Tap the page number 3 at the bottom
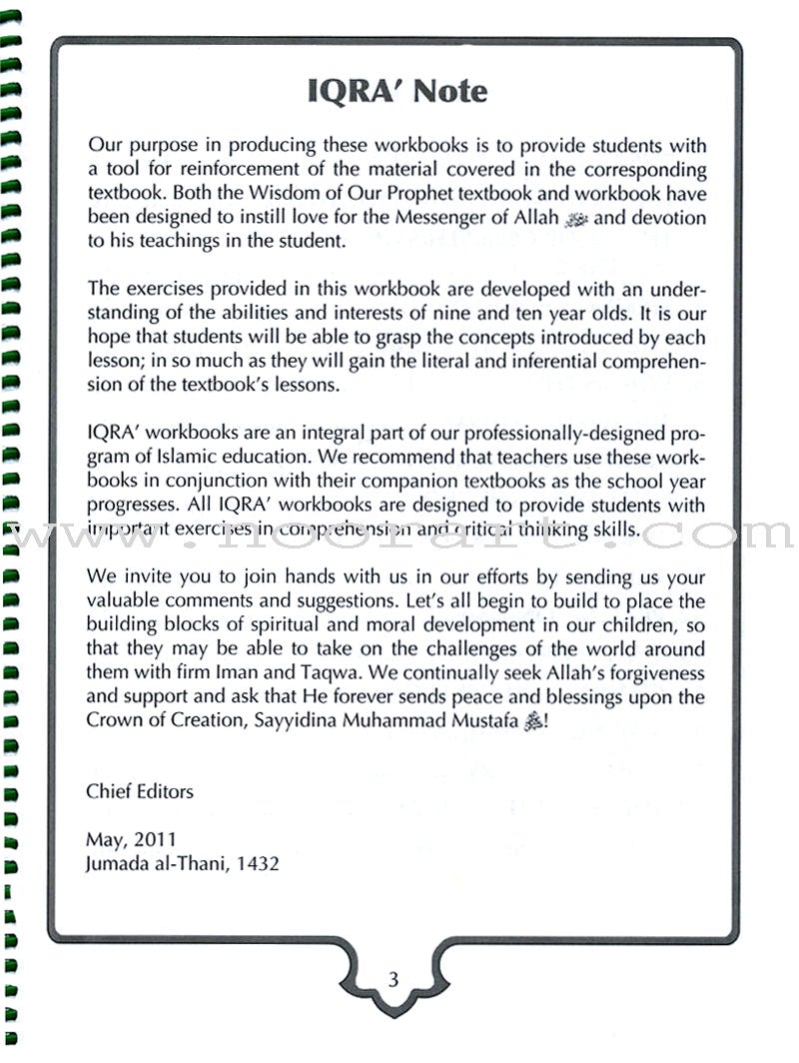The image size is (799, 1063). pyautogui.click(x=393, y=980)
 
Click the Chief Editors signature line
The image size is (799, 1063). pyautogui.click(x=140, y=791)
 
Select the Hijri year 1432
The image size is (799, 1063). pyautogui.click(x=258, y=863)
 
